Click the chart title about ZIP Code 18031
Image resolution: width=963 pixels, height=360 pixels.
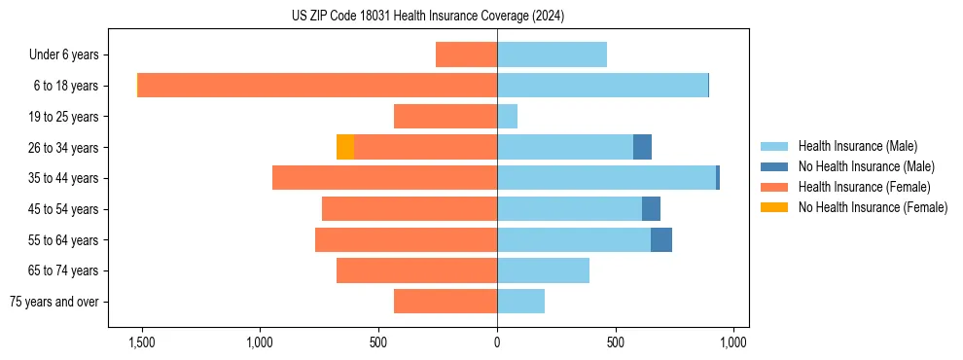click(428, 17)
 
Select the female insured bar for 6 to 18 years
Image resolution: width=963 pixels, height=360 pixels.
click(317, 86)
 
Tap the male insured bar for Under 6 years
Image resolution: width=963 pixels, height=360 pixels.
click(552, 54)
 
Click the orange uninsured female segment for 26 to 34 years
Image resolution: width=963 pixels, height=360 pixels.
click(345, 147)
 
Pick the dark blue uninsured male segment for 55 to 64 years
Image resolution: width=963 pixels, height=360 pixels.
click(661, 239)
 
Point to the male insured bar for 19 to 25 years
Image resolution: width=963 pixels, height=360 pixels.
click(507, 117)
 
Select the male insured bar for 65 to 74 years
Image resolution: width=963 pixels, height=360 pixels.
click(543, 270)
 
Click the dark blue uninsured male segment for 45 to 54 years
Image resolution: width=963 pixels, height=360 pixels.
click(651, 208)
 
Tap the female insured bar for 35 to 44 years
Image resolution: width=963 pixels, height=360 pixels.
click(384, 178)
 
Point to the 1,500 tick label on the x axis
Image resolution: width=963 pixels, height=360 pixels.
click(141, 342)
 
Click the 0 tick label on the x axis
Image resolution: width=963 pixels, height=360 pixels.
click(497, 342)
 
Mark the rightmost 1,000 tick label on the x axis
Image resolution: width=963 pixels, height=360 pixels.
click(732, 342)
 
